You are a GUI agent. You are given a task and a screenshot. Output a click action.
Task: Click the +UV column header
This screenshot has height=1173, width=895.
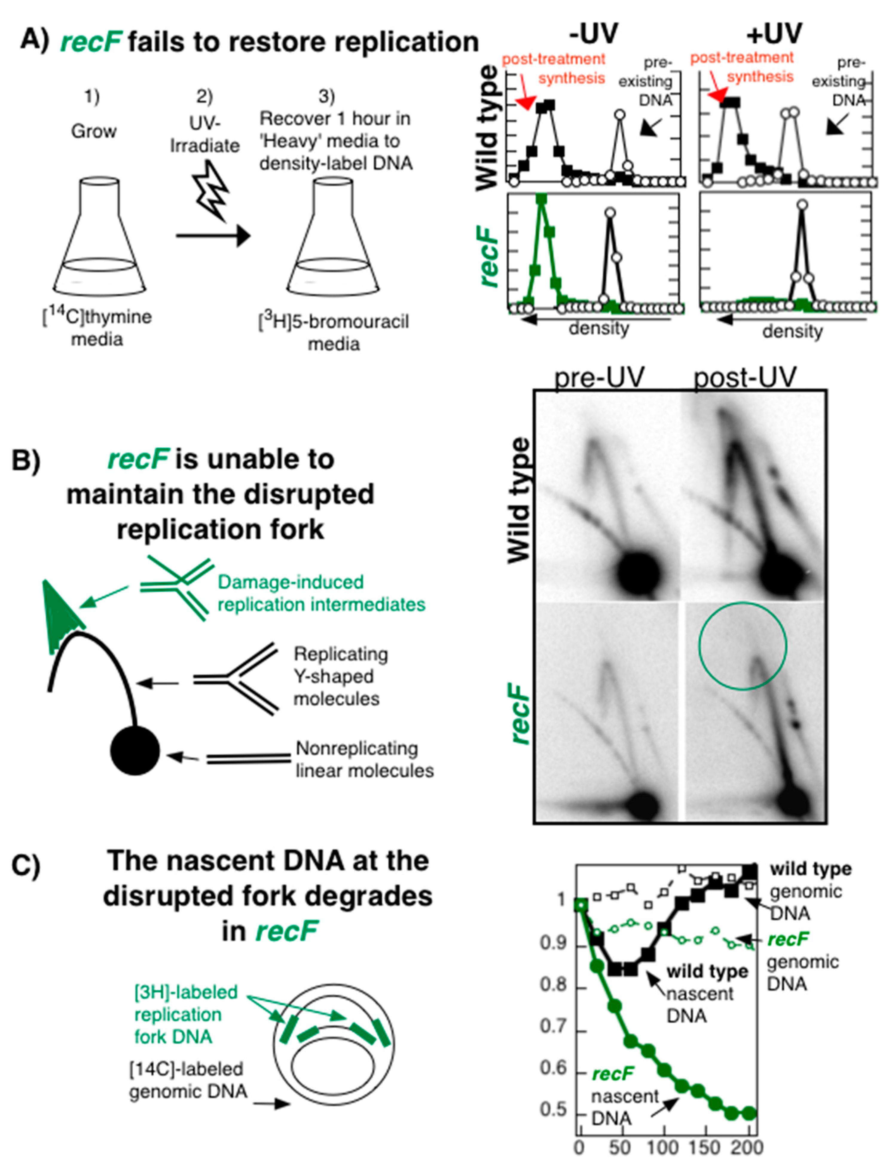pos(774,33)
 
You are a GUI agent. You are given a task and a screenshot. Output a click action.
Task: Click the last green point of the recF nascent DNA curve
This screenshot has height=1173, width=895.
pos(749,1113)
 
